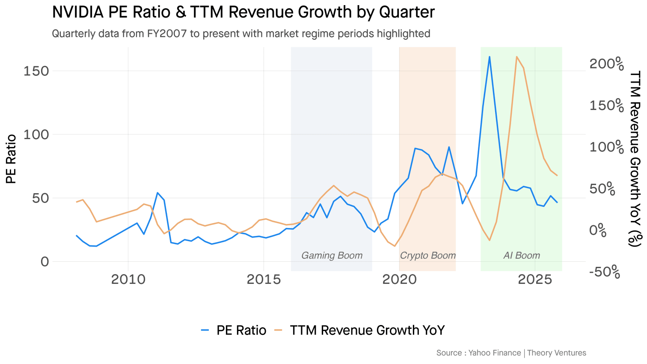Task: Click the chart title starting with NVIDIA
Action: point(243,12)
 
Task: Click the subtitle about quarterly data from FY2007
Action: point(241,33)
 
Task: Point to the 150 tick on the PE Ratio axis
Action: point(36,71)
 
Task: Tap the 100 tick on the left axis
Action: point(36,134)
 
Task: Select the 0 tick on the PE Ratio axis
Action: point(45,262)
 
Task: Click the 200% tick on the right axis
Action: point(607,64)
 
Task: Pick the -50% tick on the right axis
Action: point(605,272)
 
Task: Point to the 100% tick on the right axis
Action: point(607,147)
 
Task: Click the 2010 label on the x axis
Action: point(128,280)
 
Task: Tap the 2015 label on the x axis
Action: point(264,280)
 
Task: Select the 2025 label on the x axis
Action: point(535,280)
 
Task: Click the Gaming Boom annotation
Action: point(332,256)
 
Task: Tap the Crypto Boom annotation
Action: point(427,256)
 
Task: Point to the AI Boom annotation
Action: point(522,256)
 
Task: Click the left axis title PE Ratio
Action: point(11,159)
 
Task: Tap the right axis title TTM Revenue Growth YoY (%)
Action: point(636,159)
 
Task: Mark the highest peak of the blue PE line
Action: point(489,57)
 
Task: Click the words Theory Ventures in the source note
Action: point(556,353)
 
